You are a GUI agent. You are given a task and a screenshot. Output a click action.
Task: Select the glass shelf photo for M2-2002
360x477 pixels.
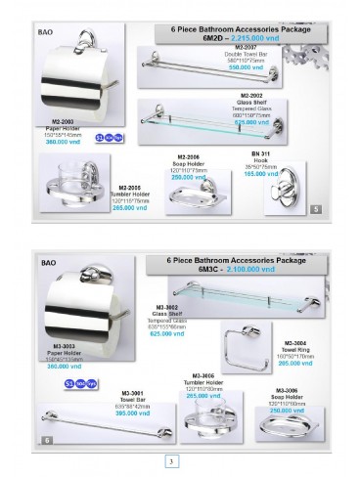[196, 114]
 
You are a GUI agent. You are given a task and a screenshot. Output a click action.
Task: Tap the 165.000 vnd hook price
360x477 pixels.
[258, 172]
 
